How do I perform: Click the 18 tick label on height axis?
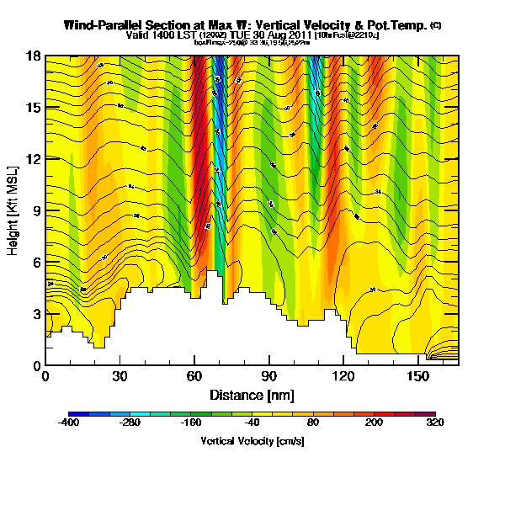tap(35, 56)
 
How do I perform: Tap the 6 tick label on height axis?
tap(37, 263)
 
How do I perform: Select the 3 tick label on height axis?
tap(37, 314)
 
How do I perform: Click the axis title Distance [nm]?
tap(252, 395)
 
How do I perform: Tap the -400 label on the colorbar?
tap(69, 424)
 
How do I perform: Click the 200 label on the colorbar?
tap(375, 424)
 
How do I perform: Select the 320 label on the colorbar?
tap(435, 424)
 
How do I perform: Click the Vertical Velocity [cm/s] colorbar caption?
tap(252, 440)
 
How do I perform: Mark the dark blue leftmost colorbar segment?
tap(74, 414)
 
